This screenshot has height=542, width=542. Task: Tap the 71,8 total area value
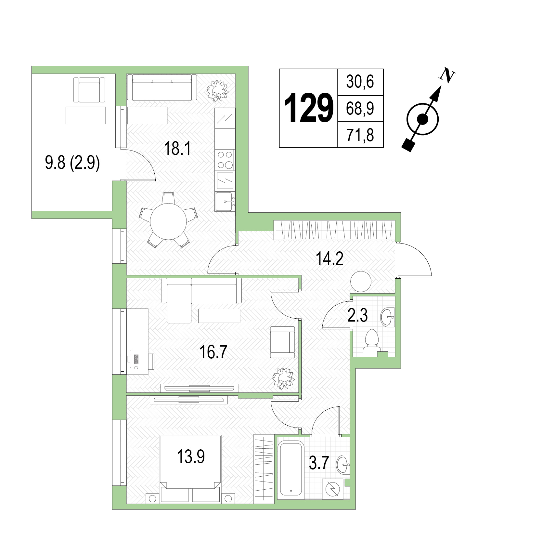tap(360, 135)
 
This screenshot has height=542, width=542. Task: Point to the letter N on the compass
tap(447, 75)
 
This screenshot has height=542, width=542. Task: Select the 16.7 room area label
tap(213, 352)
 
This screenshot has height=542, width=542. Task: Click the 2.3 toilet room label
tap(357, 315)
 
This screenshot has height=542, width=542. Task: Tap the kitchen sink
tap(225, 202)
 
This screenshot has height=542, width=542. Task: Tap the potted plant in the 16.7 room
tap(283, 378)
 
